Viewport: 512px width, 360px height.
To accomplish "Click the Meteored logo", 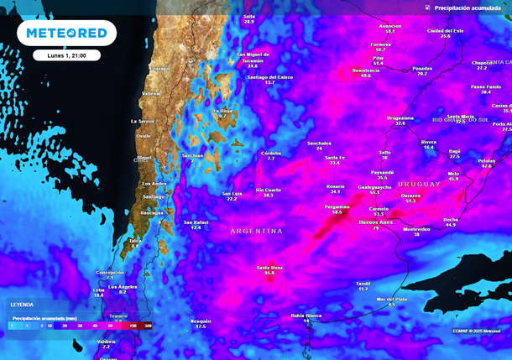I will pos(66,33).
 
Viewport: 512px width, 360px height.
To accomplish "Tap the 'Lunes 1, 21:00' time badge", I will pos(66,55).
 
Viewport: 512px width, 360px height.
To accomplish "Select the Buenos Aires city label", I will pos(376,222).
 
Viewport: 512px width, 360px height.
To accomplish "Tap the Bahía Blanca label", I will pos(306,316).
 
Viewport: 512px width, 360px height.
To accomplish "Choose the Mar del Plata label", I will pos(391,299).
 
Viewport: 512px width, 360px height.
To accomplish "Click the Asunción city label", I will pos(390,26).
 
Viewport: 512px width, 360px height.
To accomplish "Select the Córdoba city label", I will pos(271,153).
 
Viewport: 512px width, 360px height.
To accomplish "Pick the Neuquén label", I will pos(201,321).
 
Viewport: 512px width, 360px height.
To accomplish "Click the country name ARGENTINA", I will pos(257,230).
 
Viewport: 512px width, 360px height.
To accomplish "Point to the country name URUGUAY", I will pos(420,184).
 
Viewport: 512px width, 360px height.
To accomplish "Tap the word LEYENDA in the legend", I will pos(22,304).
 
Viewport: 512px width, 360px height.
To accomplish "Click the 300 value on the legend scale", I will pos(148,324).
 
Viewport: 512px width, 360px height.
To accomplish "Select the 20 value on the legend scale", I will pos(65,324).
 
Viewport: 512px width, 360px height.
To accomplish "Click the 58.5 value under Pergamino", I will pos(337,212).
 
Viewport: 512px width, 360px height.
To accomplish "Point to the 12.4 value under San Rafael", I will pos(196,227).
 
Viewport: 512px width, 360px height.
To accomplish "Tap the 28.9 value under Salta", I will pos(248,22).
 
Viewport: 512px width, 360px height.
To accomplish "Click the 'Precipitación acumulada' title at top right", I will pos(469,7).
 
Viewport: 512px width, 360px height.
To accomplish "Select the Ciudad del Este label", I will pos(445,31).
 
